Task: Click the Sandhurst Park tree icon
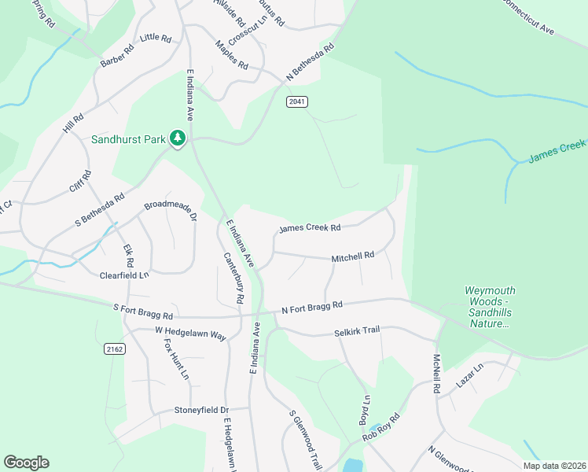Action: (178, 139)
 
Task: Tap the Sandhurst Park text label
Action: (128, 139)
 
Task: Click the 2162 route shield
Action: (114, 348)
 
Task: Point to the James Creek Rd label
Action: (309, 229)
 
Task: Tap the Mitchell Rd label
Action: (352, 256)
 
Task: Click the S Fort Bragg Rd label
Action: (143, 312)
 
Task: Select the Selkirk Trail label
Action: (356, 332)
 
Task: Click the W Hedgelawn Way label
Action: (190, 334)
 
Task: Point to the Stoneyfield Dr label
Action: (201, 411)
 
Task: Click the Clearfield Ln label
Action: (123, 275)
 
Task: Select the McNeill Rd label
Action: (435, 374)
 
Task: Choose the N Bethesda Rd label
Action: (310, 62)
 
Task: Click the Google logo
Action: (26, 463)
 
